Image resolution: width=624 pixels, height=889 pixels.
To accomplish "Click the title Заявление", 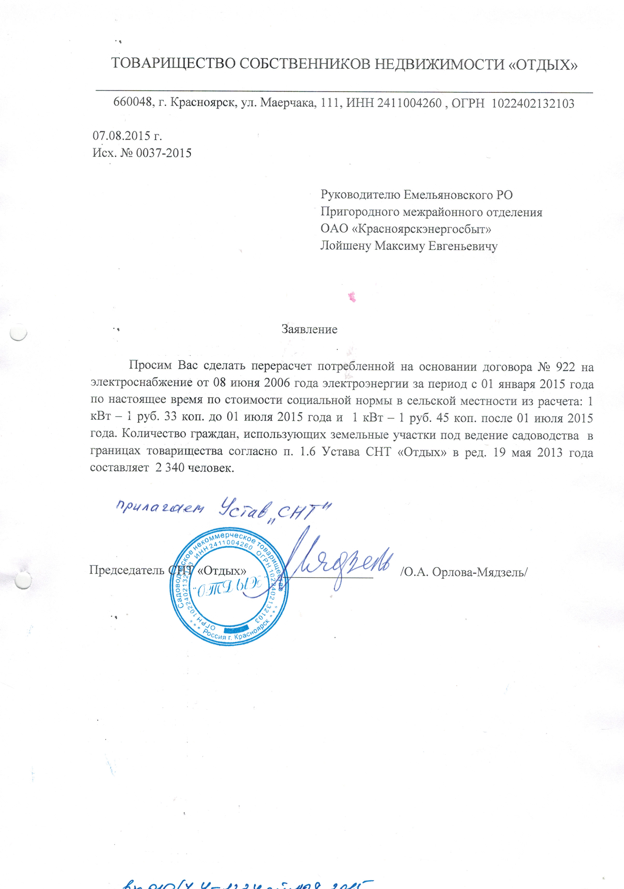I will pyautogui.click(x=309, y=330).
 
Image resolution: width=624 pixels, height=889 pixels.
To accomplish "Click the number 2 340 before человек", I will pyautogui.click(x=169, y=468).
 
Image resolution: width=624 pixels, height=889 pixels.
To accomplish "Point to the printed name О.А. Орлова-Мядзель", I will pyautogui.click(x=464, y=572).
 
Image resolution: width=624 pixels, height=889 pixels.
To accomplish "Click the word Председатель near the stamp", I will pyautogui.click(x=127, y=571).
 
